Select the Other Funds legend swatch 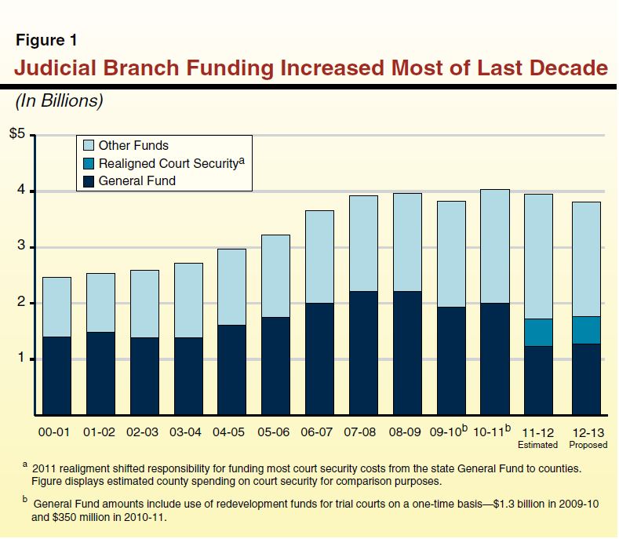(x=87, y=145)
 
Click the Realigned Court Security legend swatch (x=87, y=163)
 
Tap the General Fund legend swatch (x=87, y=180)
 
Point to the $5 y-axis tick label (x=18, y=135)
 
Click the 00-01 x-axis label (x=56, y=432)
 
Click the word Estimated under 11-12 (x=537, y=445)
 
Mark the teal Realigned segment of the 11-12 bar (x=538, y=333)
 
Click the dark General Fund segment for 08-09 (x=407, y=353)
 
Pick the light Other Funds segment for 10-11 (x=494, y=246)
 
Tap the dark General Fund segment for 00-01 (x=56, y=376)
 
